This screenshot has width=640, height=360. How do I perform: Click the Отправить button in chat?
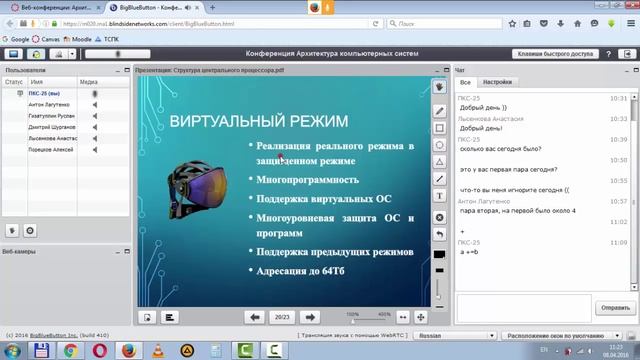611,307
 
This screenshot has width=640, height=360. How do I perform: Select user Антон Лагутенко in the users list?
51,104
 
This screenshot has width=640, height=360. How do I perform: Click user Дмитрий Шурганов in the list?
53,127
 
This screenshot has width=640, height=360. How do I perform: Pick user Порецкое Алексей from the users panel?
51,149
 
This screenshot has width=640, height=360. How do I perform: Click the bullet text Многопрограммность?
307,179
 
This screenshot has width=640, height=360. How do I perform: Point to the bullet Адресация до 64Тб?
301,271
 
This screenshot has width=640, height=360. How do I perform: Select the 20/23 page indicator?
282,316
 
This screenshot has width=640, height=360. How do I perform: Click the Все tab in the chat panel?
465,82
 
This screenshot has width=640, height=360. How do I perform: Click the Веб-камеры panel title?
21,251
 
